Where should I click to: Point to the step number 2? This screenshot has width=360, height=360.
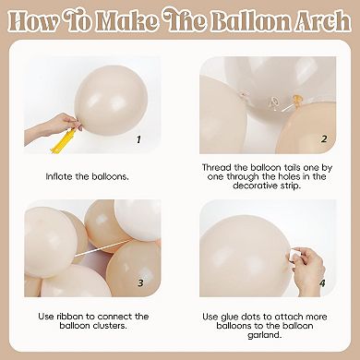click(x=324, y=139)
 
